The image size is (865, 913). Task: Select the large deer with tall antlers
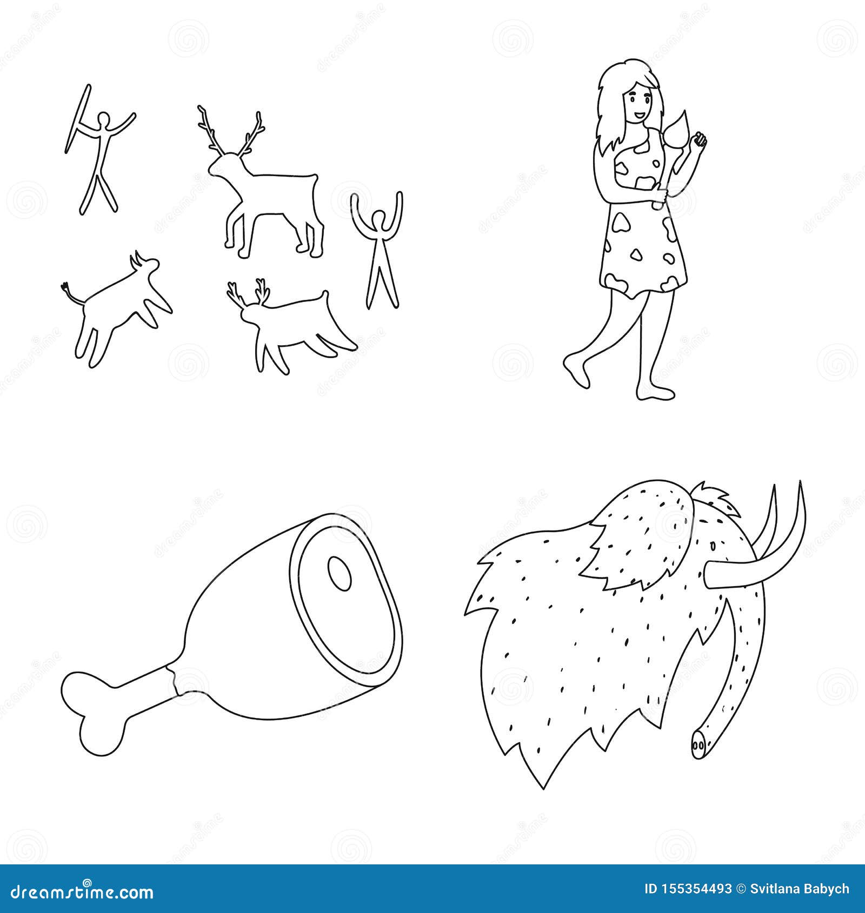[265, 194]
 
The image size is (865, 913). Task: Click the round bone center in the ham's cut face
[340, 573]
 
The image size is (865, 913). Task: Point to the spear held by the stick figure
[77, 119]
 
